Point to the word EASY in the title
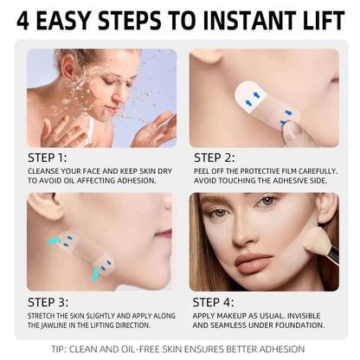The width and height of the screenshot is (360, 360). click(x=70, y=21)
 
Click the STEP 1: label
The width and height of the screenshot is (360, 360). click(x=47, y=158)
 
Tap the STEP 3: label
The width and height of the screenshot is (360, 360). click(x=47, y=302)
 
